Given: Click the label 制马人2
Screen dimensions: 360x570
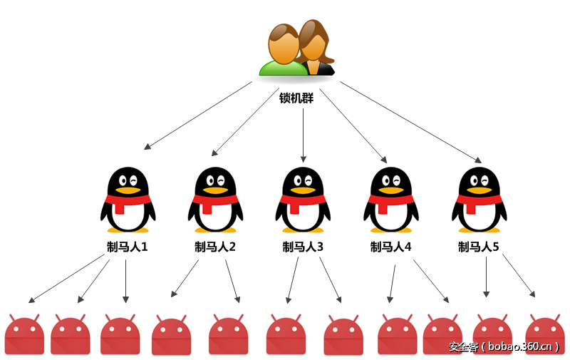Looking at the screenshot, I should (x=215, y=247).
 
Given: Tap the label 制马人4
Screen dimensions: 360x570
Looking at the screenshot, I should (x=390, y=247).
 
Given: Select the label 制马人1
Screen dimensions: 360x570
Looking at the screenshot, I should (x=128, y=247).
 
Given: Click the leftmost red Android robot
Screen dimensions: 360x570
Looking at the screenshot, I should (x=24, y=335).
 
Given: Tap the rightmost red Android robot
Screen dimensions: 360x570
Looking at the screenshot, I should (x=545, y=335).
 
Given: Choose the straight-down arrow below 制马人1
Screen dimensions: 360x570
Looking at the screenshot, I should (x=126, y=281).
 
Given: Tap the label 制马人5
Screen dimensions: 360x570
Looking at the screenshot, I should (x=478, y=247).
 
